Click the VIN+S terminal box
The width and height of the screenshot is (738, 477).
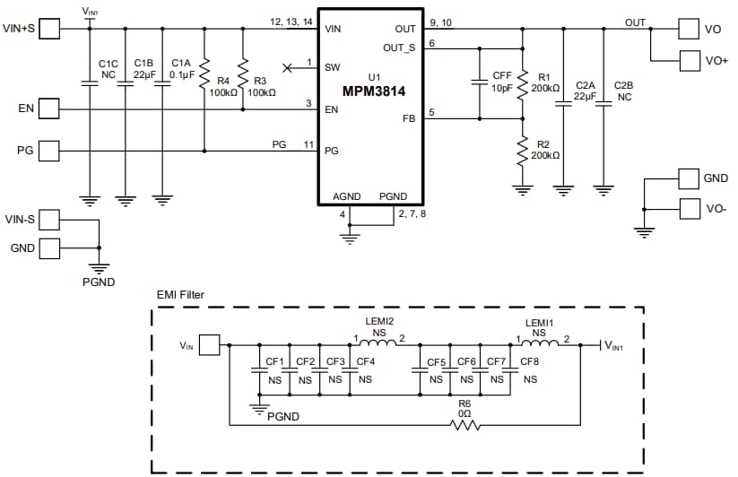[x=49, y=29]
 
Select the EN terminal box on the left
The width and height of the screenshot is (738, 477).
[x=49, y=109]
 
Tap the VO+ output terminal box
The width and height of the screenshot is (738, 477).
[x=689, y=60]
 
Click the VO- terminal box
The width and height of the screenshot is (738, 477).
[x=689, y=209]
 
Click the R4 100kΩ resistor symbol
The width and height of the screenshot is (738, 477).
[x=204, y=70]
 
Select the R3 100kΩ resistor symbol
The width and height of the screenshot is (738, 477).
[x=242, y=70]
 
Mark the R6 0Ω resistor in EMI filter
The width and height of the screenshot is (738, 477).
[x=464, y=423]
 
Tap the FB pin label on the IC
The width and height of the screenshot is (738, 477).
[x=408, y=118]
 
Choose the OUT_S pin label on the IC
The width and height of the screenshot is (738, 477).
[x=398, y=48]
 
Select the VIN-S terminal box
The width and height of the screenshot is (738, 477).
[x=49, y=219]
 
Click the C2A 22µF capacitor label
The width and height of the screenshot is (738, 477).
[x=585, y=90]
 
